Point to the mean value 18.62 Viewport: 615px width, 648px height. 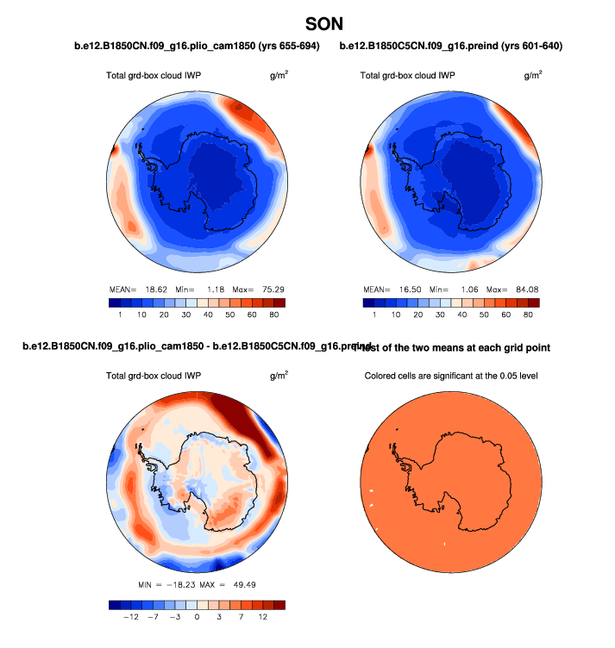pyautogui.click(x=158, y=289)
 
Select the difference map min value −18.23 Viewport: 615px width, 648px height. pyautogui.click(x=178, y=586)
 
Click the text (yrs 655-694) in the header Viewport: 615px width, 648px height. pyautogui.click(x=284, y=47)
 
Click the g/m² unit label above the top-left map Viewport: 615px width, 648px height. pyautogui.click(x=279, y=76)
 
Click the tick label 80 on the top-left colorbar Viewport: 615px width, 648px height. pyautogui.click(x=273, y=316)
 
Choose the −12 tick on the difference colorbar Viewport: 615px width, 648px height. pyautogui.click(x=131, y=618)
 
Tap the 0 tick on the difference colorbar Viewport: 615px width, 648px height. pyautogui.click(x=197, y=618)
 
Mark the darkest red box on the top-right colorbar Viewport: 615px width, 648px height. pyautogui.click(x=535, y=303)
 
